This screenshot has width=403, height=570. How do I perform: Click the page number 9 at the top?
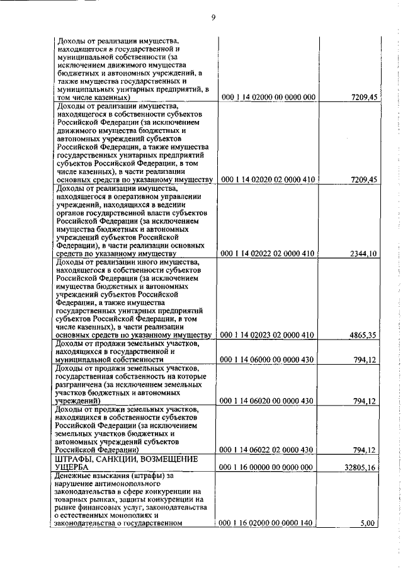(213, 18)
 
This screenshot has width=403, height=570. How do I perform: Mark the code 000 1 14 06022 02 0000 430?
(268, 450)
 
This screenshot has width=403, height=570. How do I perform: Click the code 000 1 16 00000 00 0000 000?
(268, 467)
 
